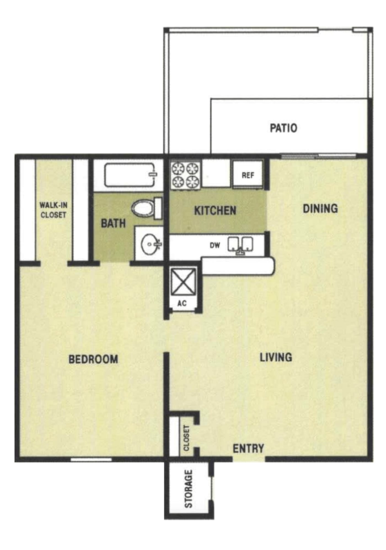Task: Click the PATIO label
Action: point(283,128)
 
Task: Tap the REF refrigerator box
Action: point(248,175)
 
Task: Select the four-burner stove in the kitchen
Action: point(185,175)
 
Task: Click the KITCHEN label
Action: point(215,211)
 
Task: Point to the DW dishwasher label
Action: point(215,245)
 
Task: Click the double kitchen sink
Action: point(240,244)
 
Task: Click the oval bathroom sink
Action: point(150,244)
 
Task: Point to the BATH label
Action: point(113,223)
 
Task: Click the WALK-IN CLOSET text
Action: point(53,210)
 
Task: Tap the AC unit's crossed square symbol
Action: point(183,283)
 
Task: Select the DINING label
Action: point(320,208)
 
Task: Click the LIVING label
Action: point(276,357)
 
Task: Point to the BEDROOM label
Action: point(93,359)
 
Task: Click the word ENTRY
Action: point(248,449)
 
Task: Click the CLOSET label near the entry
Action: point(187,438)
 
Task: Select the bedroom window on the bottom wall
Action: point(91,459)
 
